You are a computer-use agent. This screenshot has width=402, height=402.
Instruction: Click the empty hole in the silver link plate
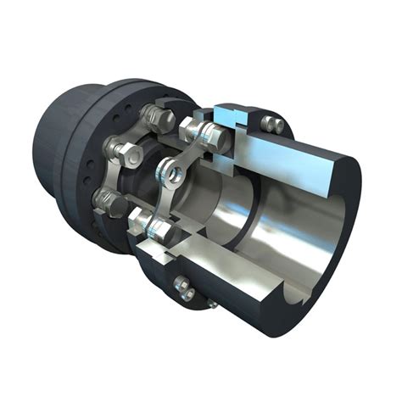point(176,173)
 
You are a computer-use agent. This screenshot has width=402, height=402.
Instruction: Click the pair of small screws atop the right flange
point(271,124)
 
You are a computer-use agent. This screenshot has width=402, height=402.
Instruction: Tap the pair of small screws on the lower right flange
point(184,287)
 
